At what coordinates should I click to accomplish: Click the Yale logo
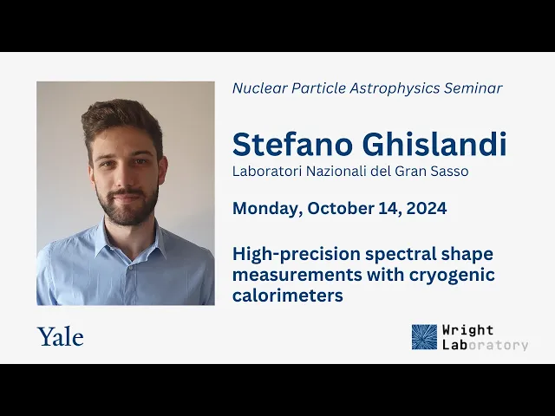tap(61, 336)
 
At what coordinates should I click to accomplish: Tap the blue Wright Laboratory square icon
tap(424, 337)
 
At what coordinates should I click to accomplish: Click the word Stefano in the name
tap(293, 145)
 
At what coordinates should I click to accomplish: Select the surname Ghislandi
tap(434, 145)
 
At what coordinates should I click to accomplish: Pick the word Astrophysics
tap(395, 88)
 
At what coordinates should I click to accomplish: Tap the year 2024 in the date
tap(427, 208)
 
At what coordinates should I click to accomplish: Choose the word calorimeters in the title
tap(288, 295)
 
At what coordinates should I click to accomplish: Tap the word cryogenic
tap(452, 276)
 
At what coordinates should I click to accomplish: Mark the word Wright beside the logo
tap(467, 330)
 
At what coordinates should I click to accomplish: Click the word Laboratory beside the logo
tap(486, 345)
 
